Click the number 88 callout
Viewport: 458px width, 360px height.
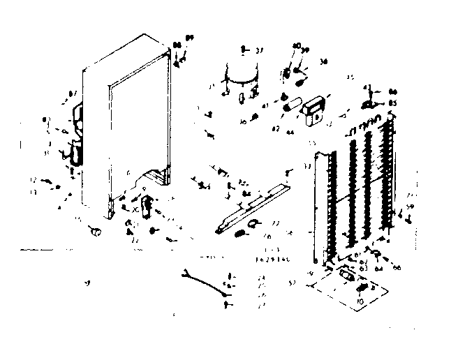tap(177, 45)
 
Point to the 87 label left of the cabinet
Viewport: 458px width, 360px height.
tap(71, 93)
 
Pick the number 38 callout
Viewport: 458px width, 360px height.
tap(323, 61)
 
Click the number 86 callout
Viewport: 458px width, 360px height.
tap(393, 92)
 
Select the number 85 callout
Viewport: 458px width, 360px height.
tap(393, 103)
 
